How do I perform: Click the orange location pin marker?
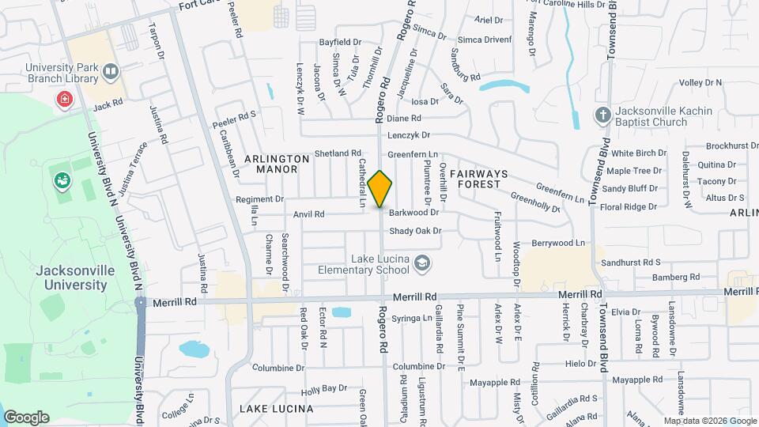coord(380,189)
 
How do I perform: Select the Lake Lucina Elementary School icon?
coord(423,262)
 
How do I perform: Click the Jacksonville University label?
coord(71,277)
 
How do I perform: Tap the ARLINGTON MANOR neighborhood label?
coord(277,164)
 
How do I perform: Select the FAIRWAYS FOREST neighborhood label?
coord(477,178)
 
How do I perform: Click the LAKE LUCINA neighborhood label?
coord(277,409)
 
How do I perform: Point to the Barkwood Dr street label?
coord(413,213)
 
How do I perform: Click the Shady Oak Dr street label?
coord(414,231)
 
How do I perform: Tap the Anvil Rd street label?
coord(309,214)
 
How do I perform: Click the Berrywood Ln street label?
coord(558,243)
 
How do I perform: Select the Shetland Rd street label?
coord(338,153)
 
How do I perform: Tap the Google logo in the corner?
coord(25,417)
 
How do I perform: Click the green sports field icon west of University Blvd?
coord(62,180)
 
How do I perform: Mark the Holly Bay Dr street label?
coord(324,388)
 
